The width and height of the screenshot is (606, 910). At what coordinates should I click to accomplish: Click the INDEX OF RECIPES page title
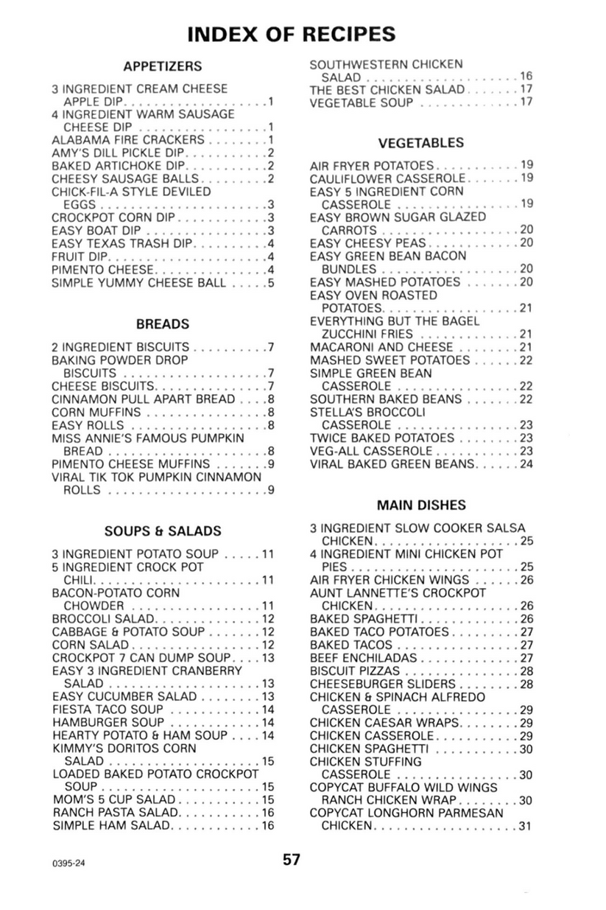(291, 34)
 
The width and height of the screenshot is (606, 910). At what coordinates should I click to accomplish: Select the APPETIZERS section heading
(163, 66)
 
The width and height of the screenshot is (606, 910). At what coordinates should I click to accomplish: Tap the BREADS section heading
(163, 323)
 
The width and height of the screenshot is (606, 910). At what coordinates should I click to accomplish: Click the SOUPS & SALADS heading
(163, 531)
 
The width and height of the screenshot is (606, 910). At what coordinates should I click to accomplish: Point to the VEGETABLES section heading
(421, 143)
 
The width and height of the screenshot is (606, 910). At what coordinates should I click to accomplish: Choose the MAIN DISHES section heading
(421, 505)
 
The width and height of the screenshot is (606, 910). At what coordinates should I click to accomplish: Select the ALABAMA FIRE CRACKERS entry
(128, 140)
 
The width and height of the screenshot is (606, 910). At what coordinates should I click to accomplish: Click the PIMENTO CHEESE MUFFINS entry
(131, 463)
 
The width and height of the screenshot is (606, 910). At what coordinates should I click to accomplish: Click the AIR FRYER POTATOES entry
(373, 166)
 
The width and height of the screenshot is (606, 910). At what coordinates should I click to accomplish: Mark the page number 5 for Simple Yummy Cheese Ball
(271, 282)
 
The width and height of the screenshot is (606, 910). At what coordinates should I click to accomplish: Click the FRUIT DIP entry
(80, 256)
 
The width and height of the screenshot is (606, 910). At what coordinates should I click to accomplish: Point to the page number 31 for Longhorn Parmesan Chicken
(526, 826)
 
